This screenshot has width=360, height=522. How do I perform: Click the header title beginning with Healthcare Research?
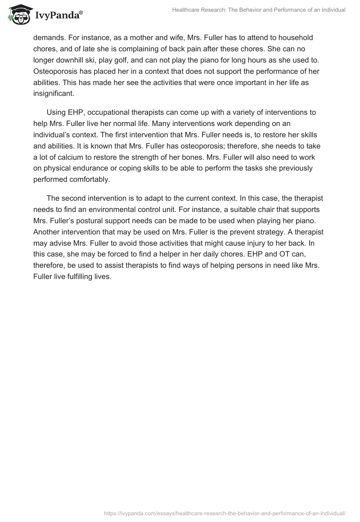click(x=259, y=9)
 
